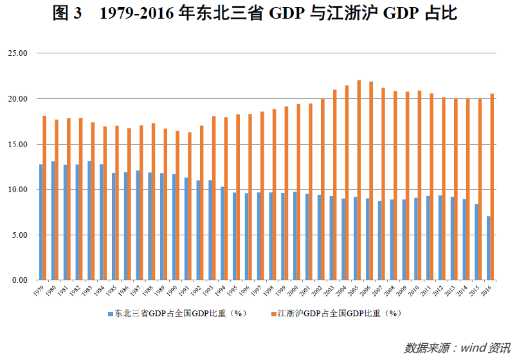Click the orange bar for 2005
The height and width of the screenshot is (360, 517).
[x=359, y=180]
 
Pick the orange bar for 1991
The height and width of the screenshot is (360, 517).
[x=190, y=206]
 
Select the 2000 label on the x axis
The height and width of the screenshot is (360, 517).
[x=293, y=291]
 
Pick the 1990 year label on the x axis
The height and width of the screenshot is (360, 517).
[x=172, y=291]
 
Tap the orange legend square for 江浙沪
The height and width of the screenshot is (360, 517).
[x=273, y=314]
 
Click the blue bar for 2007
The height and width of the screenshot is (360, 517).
[x=379, y=240]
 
